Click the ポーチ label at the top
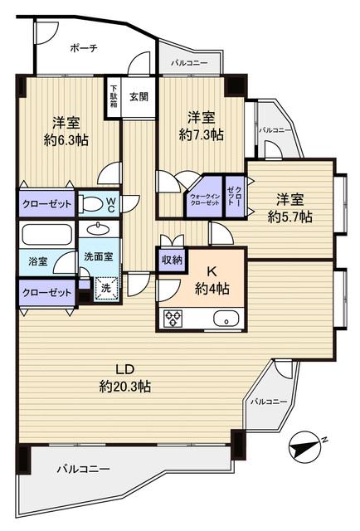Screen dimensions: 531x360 pyautogui.click(x=84, y=48)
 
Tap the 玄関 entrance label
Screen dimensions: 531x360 pyautogui.click(x=139, y=96)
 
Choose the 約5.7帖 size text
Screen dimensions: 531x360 pyautogui.click(x=289, y=217)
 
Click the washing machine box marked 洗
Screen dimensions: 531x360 pyautogui.click(x=105, y=288)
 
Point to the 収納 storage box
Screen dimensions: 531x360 pyautogui.click(x=172, y=261)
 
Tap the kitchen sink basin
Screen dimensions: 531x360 pyautogui.click(x=225, y=318)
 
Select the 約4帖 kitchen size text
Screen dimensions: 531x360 pyautogui.click(x=212, y=288)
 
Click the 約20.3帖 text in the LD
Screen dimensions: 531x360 pyautogui.click(x=124, y=386)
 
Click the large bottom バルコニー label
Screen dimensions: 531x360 pyautogui.click(x=83, y=470)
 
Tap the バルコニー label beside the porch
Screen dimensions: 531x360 pyautogui.click(x=190, y=63)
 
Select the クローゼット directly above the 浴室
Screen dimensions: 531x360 pyautogui.click(x=46, y=202)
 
